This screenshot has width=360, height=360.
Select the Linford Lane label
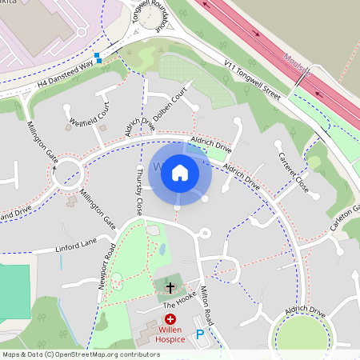coord(75,242)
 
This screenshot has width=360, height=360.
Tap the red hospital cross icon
coord(170,319)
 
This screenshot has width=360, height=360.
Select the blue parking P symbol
coord(199,334)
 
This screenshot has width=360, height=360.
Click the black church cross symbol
coord(170,286)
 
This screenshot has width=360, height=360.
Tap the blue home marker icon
coord(180,171)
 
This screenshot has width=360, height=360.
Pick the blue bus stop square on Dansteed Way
coord(98,58)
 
